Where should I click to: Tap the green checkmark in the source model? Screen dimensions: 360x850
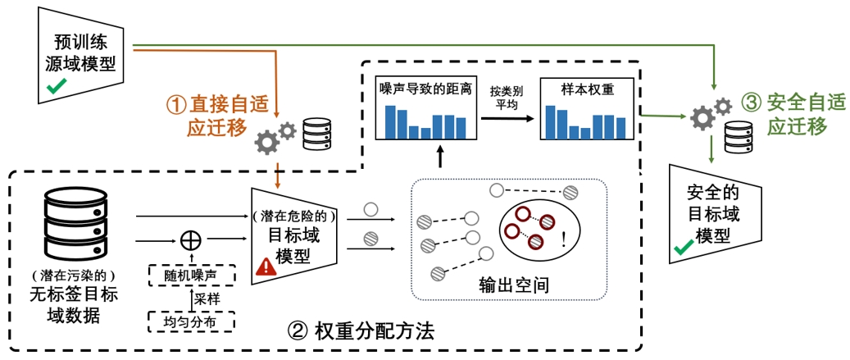(55, 88)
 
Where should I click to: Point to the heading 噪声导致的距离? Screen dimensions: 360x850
(425, 89)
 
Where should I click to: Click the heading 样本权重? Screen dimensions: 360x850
(587, 89)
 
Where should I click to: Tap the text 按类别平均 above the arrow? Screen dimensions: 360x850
(506, 96)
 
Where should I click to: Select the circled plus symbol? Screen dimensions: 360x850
(190, 239)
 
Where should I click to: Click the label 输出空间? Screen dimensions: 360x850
(513, 285)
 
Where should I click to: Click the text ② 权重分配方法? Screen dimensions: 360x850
(361, 331)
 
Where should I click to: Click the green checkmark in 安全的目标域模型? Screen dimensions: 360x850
(683, 246)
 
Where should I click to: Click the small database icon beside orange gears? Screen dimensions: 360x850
(317, 134)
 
